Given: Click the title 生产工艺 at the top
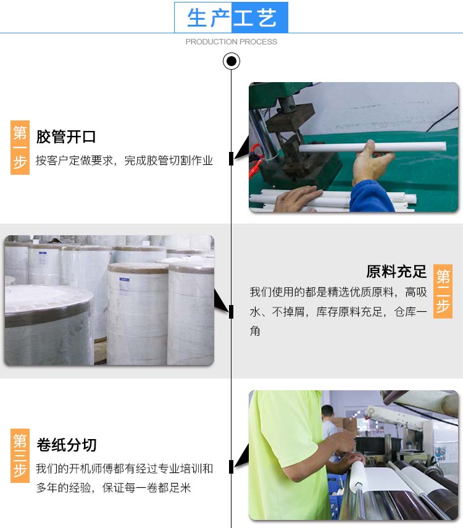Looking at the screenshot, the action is tap(231, 17).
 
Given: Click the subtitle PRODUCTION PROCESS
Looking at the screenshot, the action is tap(231, 42).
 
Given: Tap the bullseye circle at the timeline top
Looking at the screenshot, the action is tap(231, 61).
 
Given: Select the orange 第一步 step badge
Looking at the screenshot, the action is tap(20, 148).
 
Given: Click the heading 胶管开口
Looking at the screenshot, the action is tap(66, 136).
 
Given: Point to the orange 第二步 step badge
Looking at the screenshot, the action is tap(443, 291).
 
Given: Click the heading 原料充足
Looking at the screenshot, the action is tap(396, 272).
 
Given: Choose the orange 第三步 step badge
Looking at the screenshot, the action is tap(20, 456).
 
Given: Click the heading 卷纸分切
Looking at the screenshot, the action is tap(66, 445).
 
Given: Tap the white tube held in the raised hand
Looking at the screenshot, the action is tap(372, 147).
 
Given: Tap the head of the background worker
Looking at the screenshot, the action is tap(327, 411).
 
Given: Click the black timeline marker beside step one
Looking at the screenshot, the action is tap(231, 159).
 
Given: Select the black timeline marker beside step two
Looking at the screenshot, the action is tap(231, 312).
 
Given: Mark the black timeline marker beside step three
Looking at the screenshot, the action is tap(231, 467).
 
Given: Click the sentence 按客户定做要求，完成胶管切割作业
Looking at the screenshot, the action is tap(125, 161).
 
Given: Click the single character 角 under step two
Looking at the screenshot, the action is tap(255, 331).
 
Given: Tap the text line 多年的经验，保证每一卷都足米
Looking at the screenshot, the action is tap(114, 488).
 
